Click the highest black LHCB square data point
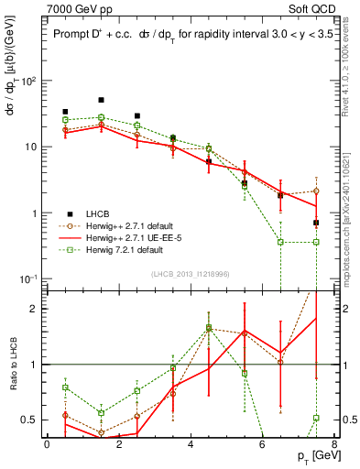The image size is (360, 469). [x=101, y=100]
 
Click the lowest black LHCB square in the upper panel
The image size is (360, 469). [x=316, y=223]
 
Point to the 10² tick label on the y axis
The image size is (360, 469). [x=29, y=82]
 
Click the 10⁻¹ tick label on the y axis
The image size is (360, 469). [x=29, y=278]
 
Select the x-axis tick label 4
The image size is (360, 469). [x=190, y=443]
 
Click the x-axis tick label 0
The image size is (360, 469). [x=47, y=443]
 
